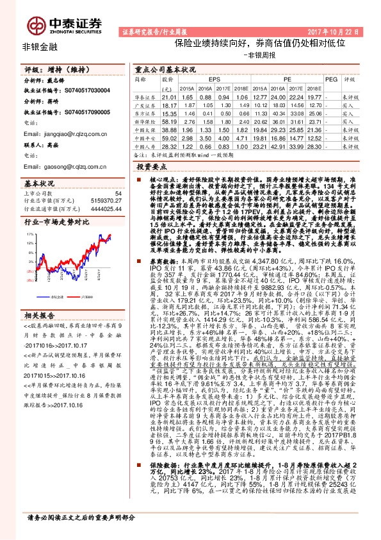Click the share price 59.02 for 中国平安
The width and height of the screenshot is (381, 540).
click(170, 137)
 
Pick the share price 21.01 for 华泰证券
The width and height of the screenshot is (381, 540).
click(170, 96)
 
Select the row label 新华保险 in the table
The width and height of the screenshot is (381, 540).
click(147, 120)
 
